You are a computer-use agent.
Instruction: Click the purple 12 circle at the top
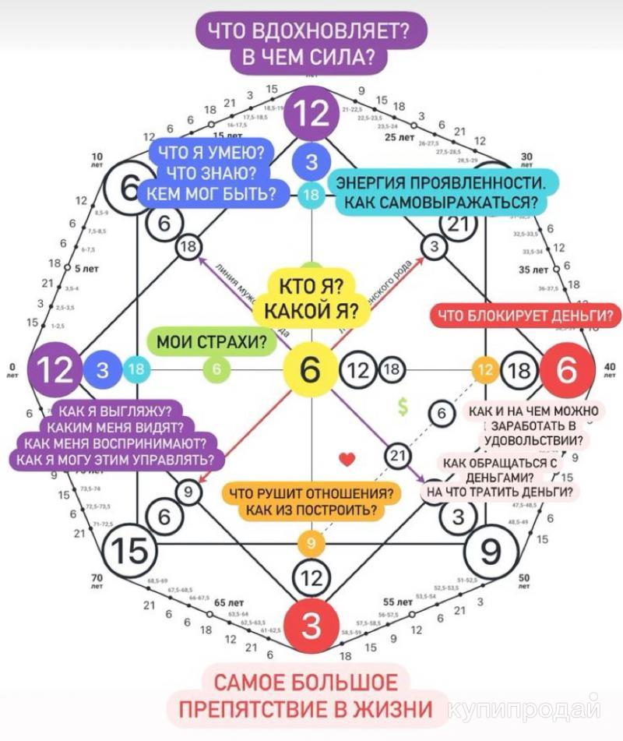click(311, 114)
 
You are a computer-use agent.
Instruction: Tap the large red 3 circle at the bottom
click(311, 624)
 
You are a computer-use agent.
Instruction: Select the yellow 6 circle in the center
click(311, 369)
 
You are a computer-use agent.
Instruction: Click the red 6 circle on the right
click(566, 370)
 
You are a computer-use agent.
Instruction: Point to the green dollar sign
click(403, 406)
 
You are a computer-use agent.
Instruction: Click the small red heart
click(347, 460)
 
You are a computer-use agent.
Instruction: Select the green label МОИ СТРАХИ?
click(206, 341)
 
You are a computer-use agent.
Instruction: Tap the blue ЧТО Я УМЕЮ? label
click(211, 172)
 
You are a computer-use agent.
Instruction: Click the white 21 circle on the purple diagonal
click(398, 455)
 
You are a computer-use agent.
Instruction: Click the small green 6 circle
click(217, 369)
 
